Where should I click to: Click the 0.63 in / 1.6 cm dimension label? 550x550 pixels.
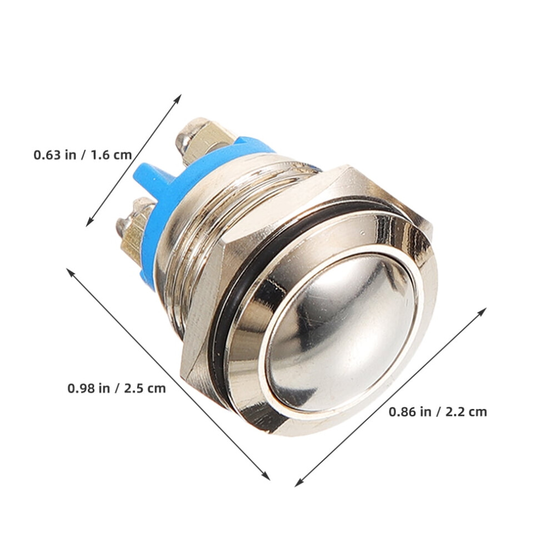point(83,154)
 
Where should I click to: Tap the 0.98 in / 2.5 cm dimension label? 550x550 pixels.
point(117,388)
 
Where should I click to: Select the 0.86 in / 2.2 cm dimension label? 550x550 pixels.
point(438,412)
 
